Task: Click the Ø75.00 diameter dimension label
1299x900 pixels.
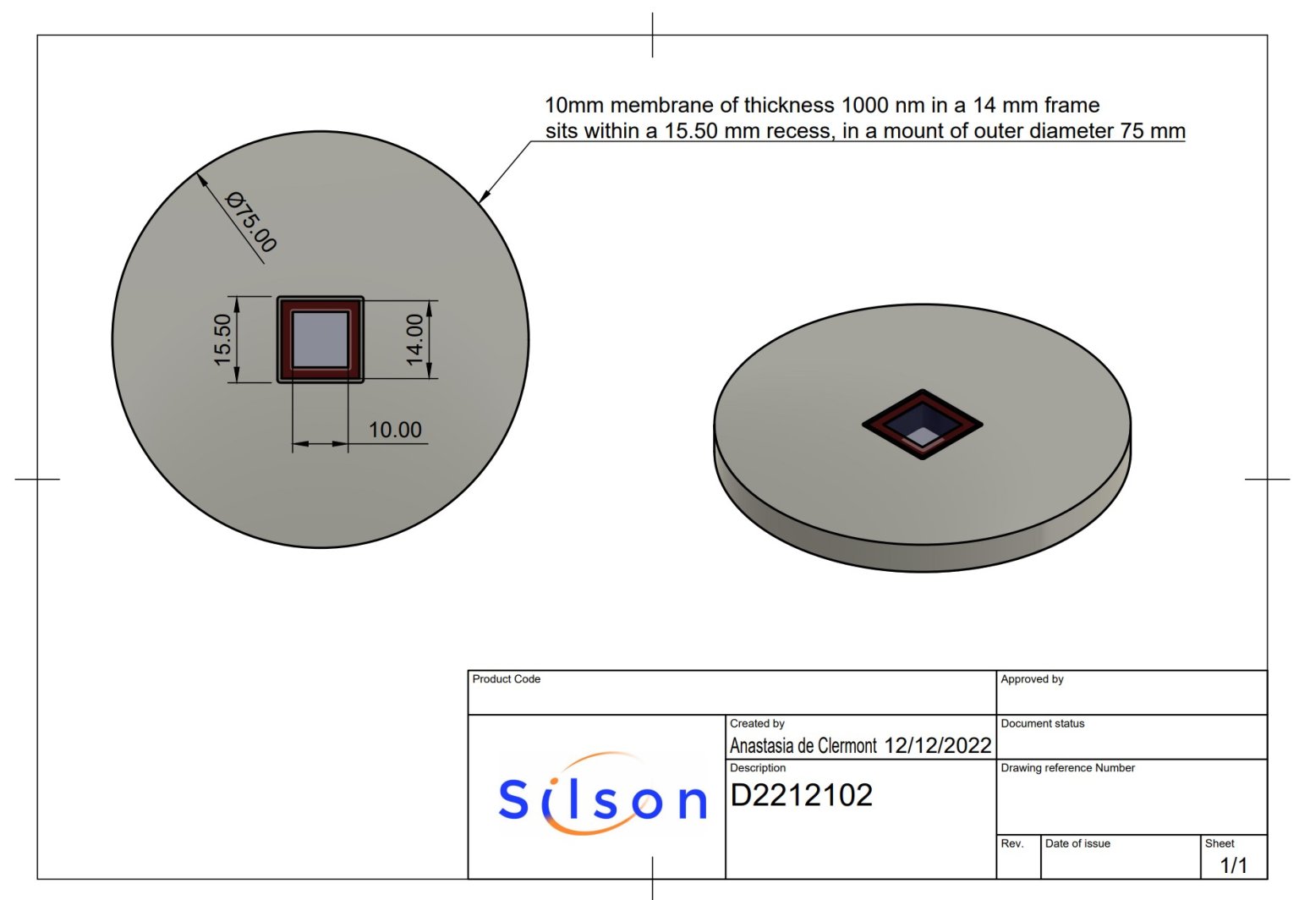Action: tap(251, 222)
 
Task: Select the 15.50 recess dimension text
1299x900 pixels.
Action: tap(222, 339)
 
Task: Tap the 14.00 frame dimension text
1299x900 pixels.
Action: tap(414, 339)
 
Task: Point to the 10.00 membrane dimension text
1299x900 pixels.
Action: tap(395, 430)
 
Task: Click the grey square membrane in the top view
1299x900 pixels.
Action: tap(321, 339)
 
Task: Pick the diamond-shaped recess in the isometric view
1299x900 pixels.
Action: tap(922, 424)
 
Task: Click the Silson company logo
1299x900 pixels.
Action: tap(602, 795)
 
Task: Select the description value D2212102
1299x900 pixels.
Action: tap(801, 795)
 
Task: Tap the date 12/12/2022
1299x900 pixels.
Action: tap(937, 745)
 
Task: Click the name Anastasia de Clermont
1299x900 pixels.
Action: tap(803, 745)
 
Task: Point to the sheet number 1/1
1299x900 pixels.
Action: tap(1233, 864)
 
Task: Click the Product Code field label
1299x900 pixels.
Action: tap(506, 679)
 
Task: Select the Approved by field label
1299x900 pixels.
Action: tap(1032, 679)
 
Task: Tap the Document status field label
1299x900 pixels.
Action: tap(1042, 723)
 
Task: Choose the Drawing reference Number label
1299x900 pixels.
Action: tap(1067, 768)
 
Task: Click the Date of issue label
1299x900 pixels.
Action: tap(1077, 843)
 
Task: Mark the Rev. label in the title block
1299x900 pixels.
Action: tap(1011, 843)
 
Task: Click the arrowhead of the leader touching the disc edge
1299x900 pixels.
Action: tap(483, 198)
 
